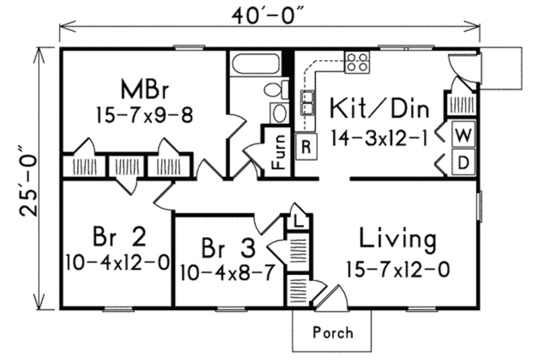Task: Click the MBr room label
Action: click(x=144, y=89)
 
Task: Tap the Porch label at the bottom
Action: click(x=333, y=332)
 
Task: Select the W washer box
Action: click(x=463, y=134)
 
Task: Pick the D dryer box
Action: click(x=463, y=163)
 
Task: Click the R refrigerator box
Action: click(x=306, y=147)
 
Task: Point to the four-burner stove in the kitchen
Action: click(x=357, y=62)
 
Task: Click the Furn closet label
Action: click(x=277, y=152)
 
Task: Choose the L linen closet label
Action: click(x=297, y=220)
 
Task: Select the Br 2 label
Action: click(x=119, y=237)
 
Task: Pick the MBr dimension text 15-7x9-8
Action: click(x=144, y=115)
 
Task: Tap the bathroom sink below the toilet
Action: click(x=278, y=113)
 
